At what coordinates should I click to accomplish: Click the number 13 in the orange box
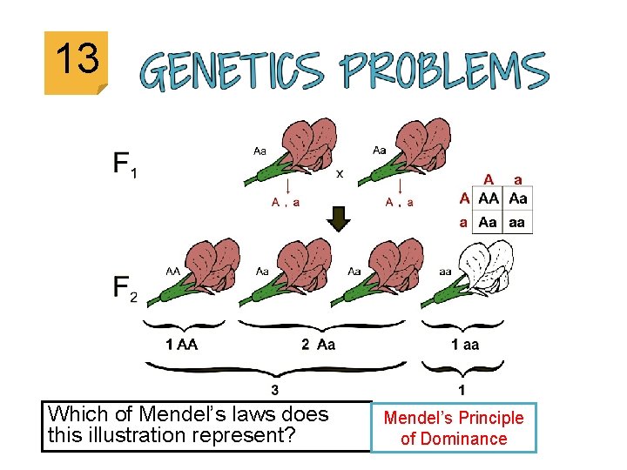pyautogui.click(x=76, y=60)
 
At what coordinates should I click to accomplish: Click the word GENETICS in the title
pyautogui.click(x=233, y=71)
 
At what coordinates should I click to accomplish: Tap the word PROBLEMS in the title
pyautogui.click(x=444, y=71)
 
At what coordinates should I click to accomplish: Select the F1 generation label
pyautogui.click(x=124, y=164)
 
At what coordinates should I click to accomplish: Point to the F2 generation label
pyautogui.click(x=124, y=288)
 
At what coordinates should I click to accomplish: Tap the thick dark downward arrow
pyautogui.click(x=340, y=218)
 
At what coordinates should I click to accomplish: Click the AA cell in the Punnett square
pyautogui.click(x=489, y=198)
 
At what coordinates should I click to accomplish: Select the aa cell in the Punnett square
pyautogui.click(x=517, y=222)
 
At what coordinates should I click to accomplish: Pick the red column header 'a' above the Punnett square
pyautogui.click(x=518, y=179)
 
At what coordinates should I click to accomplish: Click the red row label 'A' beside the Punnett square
pyautogui.click(x=465, y=198)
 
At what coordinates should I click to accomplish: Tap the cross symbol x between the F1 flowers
pyautogui.click(x=340, y=172)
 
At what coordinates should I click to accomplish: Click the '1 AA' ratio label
pyautogui.click(x=181, y=344)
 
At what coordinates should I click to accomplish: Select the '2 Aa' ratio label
pyautogui.click(x=318, y=344)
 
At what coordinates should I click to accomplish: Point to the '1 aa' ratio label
pyautogui.click(x=464, y=344)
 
